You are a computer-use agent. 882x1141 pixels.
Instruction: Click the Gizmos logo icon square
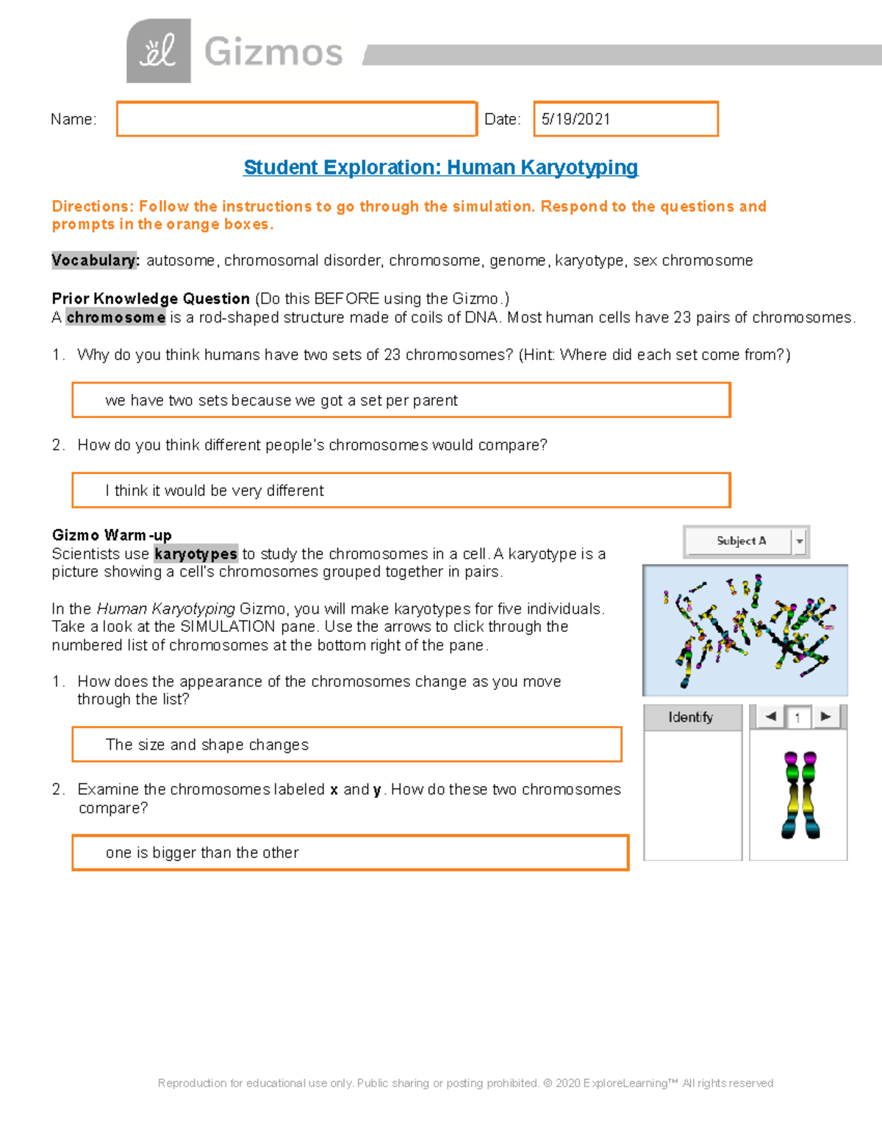tap(159, 51)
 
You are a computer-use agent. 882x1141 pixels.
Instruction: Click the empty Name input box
tap(296, 119)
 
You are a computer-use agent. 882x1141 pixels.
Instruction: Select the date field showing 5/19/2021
tap(625, 119)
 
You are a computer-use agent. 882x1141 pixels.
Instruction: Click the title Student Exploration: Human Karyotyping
tap(440, 168)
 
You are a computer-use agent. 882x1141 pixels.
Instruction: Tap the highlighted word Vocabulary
tap(95, 261)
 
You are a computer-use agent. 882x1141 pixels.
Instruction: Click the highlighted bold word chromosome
tap(115, 317)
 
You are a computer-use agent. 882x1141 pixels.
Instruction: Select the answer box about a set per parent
tap(401, 400)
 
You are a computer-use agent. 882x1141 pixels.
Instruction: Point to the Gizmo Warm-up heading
tap(112, 535)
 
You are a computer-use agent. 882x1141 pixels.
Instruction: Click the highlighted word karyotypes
tap(196, 554)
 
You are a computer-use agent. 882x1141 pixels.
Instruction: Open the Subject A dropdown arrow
tap(800, 541)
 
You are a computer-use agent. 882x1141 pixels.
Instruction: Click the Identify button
tap(691, 717)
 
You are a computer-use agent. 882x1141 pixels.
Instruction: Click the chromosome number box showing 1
tap(797, 717)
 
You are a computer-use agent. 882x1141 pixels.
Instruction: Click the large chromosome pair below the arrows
tap(800, 794)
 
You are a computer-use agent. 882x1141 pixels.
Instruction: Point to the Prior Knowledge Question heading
tap(151, 298)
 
